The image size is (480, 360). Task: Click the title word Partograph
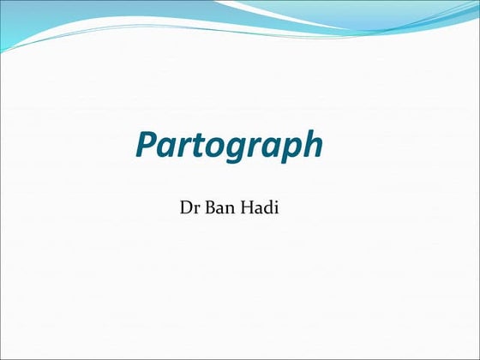pyautogui.click(x=229, y=147)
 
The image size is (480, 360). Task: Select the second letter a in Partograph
pyautogui.click(x=267, y=148)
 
